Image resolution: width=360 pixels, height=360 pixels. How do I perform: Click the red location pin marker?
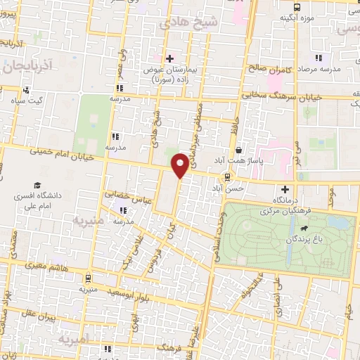tap(179, 165)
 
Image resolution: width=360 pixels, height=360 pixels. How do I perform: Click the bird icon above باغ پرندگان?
tap(304, 229)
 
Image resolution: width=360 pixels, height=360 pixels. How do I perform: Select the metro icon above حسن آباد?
tap(227, 177)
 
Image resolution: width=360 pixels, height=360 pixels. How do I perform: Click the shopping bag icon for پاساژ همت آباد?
tap(239, 150)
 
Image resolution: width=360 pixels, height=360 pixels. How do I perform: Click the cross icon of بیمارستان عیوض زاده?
tap(169, 58)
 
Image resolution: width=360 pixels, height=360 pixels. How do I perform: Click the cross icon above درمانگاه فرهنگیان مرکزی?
tap(285, 189)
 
